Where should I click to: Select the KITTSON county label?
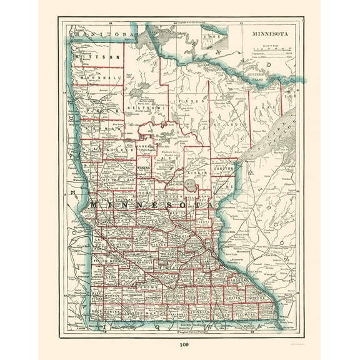point(96,57)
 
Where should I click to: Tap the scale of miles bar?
point(271,49)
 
